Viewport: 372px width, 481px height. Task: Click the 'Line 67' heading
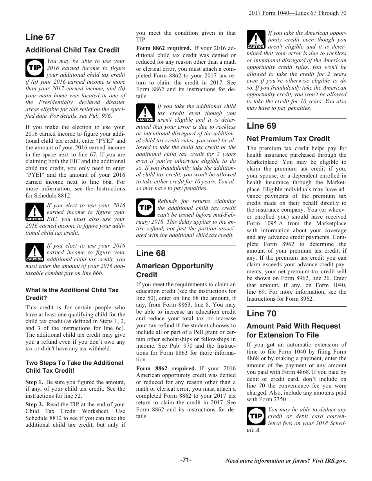pos(40,37)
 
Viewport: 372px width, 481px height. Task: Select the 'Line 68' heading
pos(151,253)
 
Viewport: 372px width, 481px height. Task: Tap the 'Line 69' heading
pos(261,126)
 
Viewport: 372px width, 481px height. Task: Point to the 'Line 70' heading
pos(261,313)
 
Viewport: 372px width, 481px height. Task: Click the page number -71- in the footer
pos(186,460)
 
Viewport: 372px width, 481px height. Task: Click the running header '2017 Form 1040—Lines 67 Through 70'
pos(297,13)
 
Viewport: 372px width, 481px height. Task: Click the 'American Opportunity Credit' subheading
pos(175,270)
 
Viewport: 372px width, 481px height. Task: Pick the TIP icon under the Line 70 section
pos(256,416)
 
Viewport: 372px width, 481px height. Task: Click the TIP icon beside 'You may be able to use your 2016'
pos(34,68)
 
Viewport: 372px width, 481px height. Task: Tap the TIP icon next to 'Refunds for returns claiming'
pos(145,208)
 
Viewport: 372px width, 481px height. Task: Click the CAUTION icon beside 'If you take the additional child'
pos(145,113)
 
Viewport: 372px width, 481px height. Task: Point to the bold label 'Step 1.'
pos(34,382)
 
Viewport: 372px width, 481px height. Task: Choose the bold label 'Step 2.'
pos(34,404)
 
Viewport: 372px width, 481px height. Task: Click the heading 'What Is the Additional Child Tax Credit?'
pos(72,294)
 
